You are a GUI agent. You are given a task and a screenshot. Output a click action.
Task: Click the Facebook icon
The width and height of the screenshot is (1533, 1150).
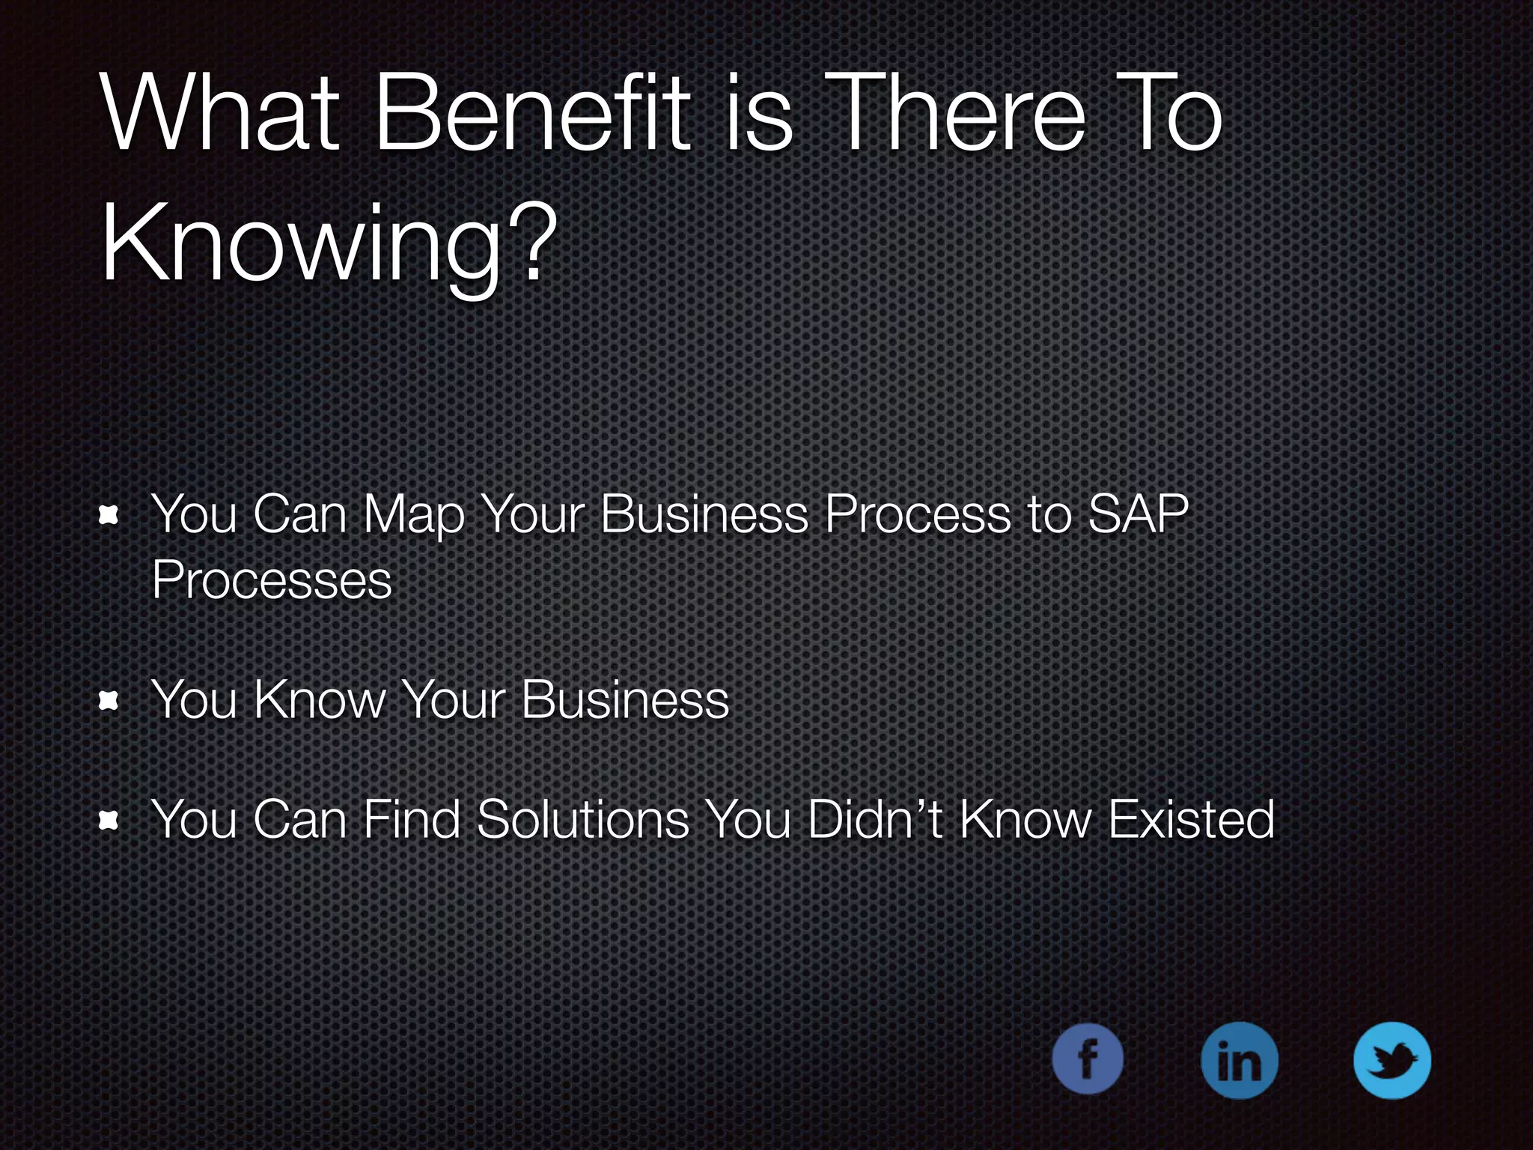point(1087,1059)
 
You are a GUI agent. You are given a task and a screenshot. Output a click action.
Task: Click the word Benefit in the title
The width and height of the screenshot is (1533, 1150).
point(532,114)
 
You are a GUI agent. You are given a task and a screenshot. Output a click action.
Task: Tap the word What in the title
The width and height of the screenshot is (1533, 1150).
point(222,114)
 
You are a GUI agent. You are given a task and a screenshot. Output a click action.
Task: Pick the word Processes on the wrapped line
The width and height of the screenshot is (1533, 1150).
point(272,579)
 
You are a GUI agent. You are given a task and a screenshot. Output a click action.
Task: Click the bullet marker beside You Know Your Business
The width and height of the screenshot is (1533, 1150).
point(109,700)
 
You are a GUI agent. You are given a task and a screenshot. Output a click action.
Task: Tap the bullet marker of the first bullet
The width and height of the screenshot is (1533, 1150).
point(109,514)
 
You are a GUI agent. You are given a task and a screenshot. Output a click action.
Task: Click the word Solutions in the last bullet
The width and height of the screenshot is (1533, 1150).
point(582,819)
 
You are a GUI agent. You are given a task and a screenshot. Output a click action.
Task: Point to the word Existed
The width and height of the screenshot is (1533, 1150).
point(1191,819)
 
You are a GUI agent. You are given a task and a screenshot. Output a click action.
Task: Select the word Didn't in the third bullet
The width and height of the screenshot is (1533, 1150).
point(874,819)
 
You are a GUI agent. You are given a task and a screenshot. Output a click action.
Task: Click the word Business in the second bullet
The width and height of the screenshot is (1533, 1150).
point(624,699)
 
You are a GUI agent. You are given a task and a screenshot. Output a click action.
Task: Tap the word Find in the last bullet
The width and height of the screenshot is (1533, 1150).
point(411,819)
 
